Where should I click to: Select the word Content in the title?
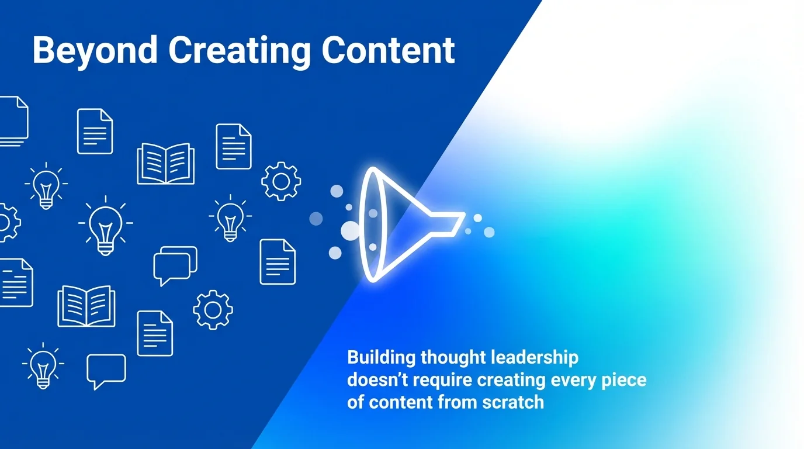[389, 50]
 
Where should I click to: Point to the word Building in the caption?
[380, 358]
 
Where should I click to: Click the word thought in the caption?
[453, 358]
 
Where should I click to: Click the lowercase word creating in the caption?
[514, 380]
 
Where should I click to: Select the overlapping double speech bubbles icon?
[175, 265]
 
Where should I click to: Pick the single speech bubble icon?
[106, 370]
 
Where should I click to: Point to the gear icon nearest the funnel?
[281, 182]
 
